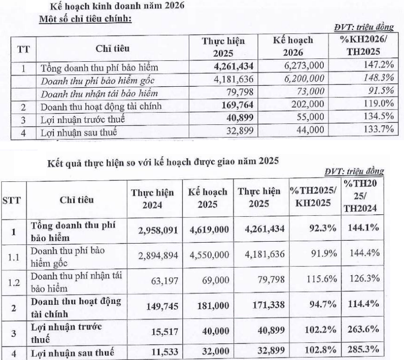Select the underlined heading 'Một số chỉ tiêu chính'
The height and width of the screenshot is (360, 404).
tap(86, 20)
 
